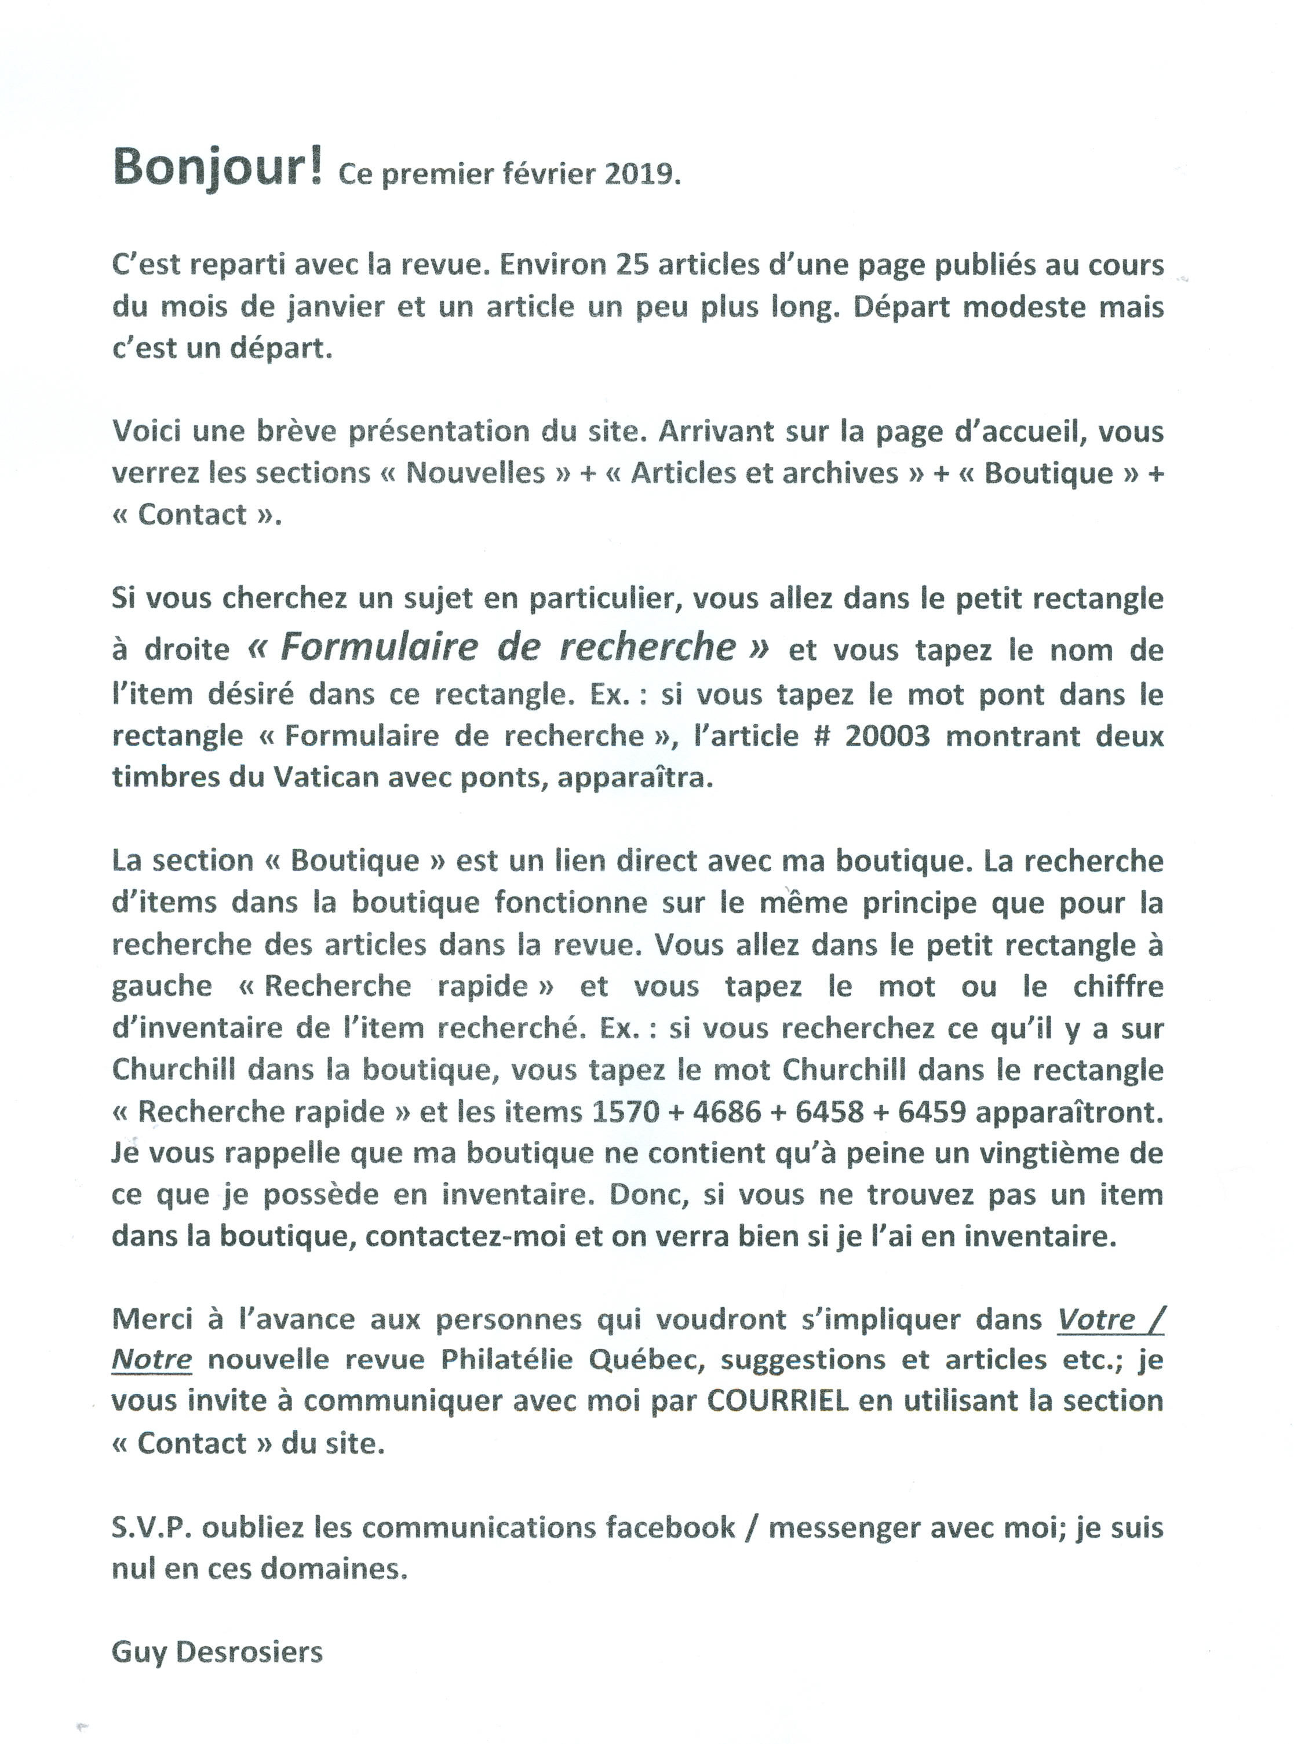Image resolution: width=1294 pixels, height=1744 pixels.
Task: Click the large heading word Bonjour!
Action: point(218,167)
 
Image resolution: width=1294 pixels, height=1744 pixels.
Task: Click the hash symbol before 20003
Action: point(822,736)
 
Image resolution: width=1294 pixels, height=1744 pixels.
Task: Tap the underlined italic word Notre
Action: point(152,1359)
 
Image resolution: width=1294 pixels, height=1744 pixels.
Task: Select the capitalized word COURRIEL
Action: point(778,1400)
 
